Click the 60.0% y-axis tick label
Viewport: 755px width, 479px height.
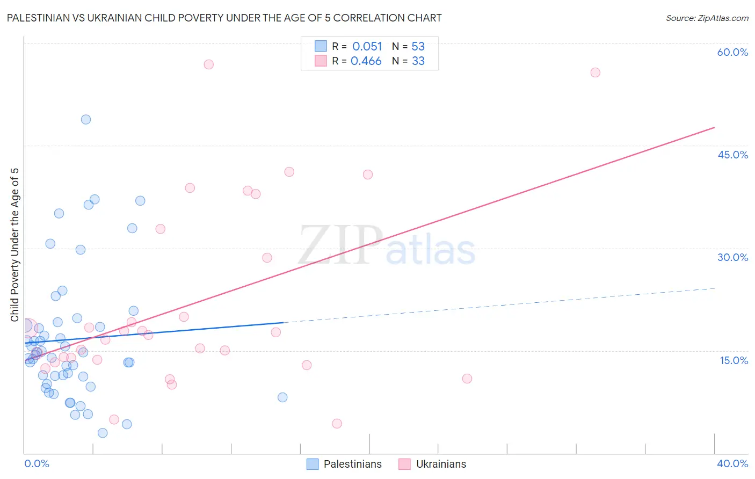[732, 52]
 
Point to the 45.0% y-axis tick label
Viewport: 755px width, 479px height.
[732, 155]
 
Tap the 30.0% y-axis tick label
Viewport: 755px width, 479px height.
[732, 257]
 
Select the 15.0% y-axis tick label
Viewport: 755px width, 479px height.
[734, 360]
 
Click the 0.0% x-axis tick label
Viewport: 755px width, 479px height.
[37, 463]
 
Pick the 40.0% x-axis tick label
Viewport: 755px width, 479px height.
[732, 463]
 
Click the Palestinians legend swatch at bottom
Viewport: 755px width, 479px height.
[313, 464]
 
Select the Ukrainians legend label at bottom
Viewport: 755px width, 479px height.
[441, 464]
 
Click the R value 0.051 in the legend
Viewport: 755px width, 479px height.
[367, 47]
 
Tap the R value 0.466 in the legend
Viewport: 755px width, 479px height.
[366, 61]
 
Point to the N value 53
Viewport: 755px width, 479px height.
[418, 47]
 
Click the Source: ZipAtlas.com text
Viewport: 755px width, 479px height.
[707, 18]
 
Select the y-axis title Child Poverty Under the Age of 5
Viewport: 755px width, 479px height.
[15, 245]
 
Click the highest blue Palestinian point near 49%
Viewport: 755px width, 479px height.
[86, 120]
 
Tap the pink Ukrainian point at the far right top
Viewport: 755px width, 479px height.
[595, 72]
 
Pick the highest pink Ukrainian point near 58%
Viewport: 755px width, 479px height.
[209, 64]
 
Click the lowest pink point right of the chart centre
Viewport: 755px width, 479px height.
[337, 424]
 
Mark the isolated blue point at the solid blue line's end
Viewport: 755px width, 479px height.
[282, 397]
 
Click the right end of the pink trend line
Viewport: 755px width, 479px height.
[714, 127]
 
